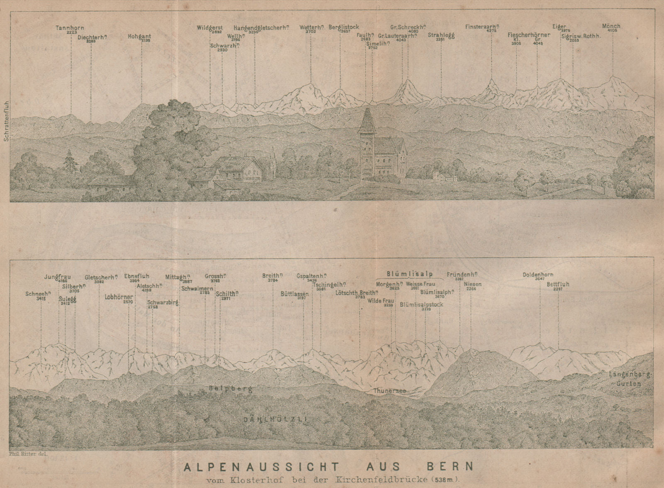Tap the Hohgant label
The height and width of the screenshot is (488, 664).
point(139,37)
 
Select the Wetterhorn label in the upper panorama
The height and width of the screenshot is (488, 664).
point(311,28)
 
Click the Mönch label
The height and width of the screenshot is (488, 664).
point(611,26)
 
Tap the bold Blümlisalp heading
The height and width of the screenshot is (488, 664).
point(410,273)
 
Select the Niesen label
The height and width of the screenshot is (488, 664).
point(473,284)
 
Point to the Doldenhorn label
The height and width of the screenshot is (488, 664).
point(538,275)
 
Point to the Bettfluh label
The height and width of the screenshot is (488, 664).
point(558,284)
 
